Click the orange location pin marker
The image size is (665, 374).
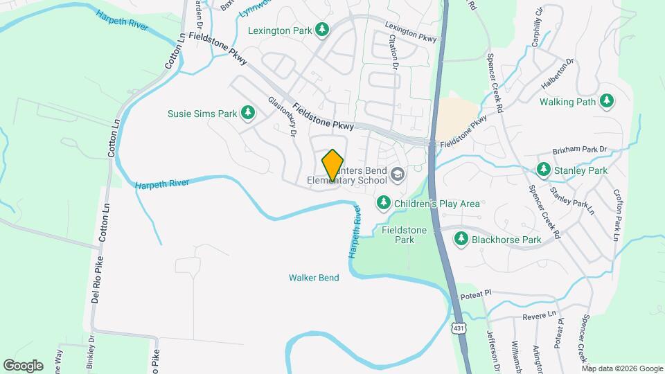point(333,166)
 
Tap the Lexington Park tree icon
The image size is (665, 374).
point(321,29)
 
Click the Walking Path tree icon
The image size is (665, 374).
point(607,102)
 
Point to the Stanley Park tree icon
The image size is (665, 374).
point(544,170)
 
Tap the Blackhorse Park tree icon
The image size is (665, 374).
point(461,239)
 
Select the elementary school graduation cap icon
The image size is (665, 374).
point(397,173)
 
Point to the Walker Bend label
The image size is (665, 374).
point(314,278)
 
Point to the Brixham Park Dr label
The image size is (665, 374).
point(579,150)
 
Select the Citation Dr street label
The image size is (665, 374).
point(395,53)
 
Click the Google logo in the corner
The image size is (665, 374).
point(23,366)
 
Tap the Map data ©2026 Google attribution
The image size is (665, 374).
point(623,368)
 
